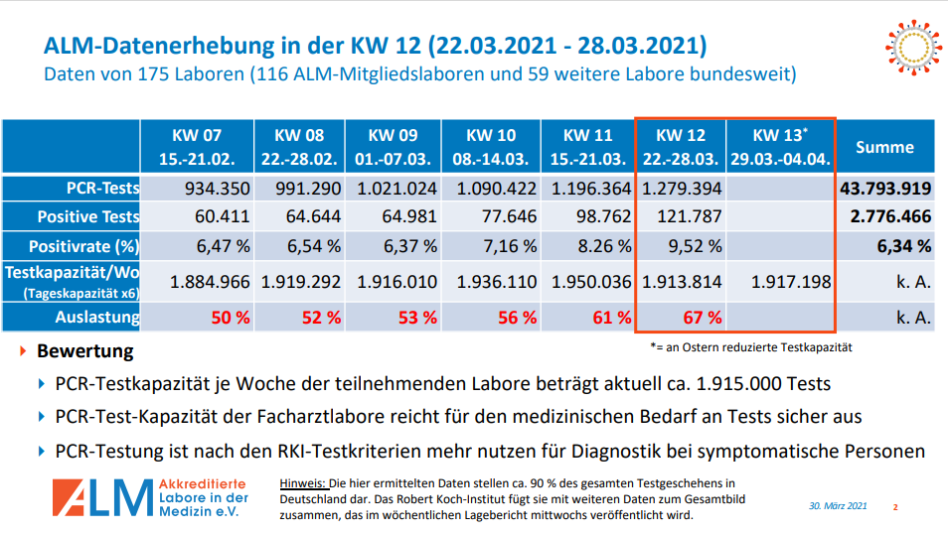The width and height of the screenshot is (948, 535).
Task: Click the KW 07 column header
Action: (197, 146)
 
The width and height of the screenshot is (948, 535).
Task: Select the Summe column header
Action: (884, 147)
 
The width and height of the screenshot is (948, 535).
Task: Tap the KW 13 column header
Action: (780, 146)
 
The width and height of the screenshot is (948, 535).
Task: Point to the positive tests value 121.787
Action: (687, 216)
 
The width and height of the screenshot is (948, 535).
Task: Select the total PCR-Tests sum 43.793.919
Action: (884, 189)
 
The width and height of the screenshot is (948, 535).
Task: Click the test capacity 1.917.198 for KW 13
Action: (791, 282)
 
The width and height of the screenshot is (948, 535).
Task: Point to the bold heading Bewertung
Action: (84, 351)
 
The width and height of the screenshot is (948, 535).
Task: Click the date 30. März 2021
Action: (838, 506)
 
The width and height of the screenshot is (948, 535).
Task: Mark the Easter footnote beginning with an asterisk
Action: (750, 347)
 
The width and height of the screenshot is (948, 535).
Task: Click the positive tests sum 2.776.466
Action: (888, 216)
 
